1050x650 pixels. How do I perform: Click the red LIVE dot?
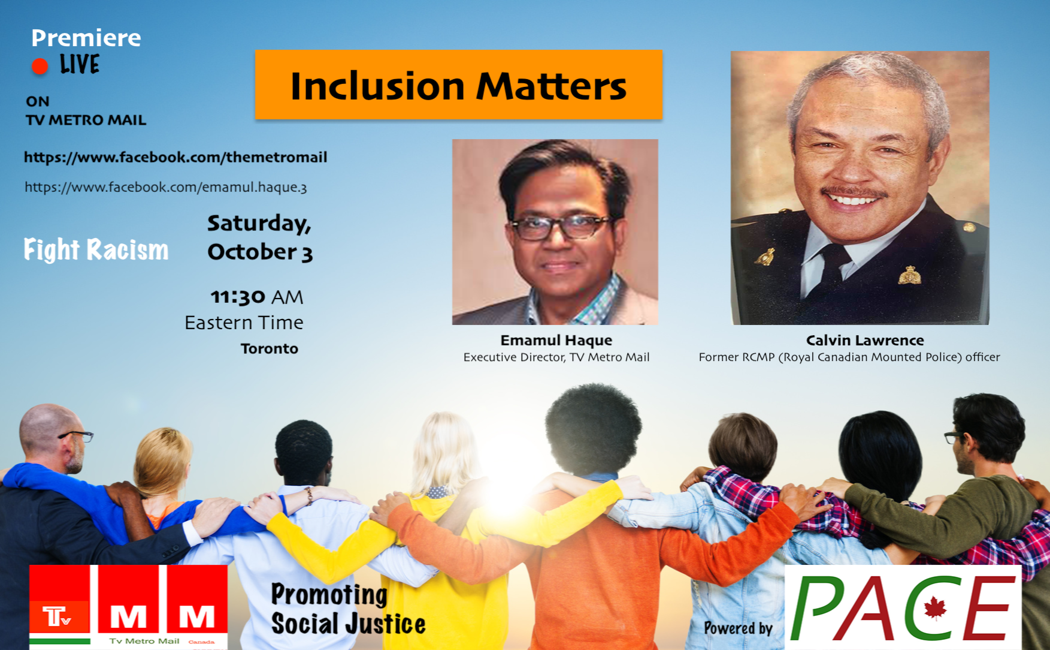click(40, 66)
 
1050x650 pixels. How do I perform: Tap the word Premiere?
click(86, 38)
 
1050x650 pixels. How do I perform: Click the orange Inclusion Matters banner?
click(459, 85)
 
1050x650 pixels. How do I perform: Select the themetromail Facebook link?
click(175, 157)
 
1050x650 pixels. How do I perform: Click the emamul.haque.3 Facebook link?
click(166, 187)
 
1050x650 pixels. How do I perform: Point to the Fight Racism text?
click(96, 249)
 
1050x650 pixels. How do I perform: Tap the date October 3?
click(261, 252)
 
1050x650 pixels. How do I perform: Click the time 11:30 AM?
click(257, 297)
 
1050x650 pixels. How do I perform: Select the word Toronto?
click(270, 348)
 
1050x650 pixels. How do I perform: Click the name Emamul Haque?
click(556, 340)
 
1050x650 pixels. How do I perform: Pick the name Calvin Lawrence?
click(865, 340)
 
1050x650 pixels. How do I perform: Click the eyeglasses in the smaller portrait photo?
click(560, 227)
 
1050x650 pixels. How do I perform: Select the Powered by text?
click(738, 628)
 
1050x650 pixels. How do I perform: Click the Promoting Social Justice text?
click(348, 609)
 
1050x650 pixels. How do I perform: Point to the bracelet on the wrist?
click(309, 495)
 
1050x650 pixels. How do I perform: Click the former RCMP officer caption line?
click(849, 357)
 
